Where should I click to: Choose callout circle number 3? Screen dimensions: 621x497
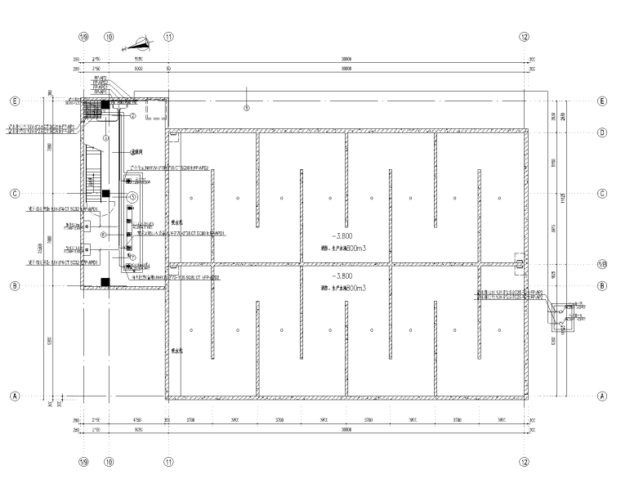(106, 138)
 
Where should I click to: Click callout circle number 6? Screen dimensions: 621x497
(103, 235)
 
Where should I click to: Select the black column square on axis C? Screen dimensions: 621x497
(105, 193)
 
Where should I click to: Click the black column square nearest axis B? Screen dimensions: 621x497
(104, 281)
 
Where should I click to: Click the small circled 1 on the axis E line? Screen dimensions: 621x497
(247, 107)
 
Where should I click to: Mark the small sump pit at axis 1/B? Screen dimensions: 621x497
(519, 262)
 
